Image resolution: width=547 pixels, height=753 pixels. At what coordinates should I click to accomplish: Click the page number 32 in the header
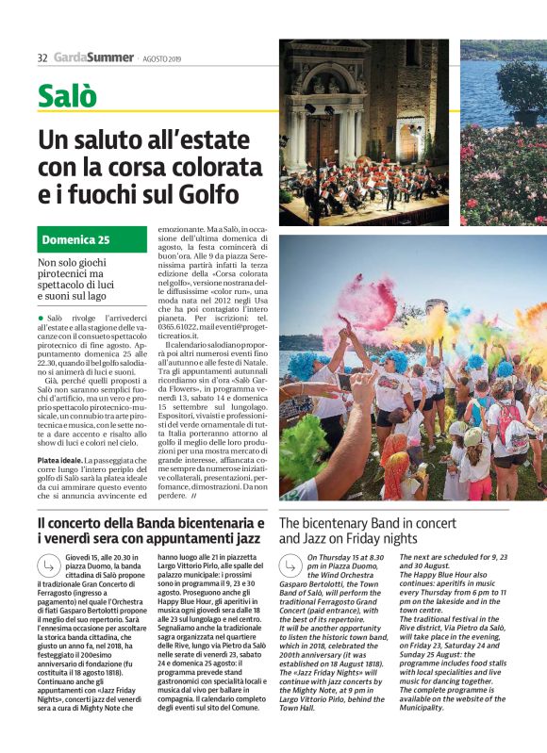(41, 57)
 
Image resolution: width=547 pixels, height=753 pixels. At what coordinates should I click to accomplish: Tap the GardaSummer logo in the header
(93, 57)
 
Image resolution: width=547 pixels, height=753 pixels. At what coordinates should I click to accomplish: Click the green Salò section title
(68, 96)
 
